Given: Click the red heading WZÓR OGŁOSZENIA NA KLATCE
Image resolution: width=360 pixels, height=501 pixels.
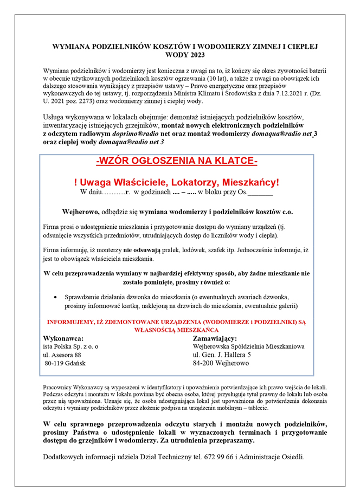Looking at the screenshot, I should [177, 161].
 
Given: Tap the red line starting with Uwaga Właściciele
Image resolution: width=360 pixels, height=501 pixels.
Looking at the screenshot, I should [177, 182].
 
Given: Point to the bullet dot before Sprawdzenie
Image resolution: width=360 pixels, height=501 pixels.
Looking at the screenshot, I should [57, 297].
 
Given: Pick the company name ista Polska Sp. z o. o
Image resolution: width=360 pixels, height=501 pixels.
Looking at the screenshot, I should [70, 346].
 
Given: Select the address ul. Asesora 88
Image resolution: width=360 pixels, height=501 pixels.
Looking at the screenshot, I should [62, 355].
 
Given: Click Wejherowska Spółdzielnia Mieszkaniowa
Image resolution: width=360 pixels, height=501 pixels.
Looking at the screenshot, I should [248, 346].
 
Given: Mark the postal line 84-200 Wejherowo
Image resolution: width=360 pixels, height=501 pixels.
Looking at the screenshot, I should [221, 363].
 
